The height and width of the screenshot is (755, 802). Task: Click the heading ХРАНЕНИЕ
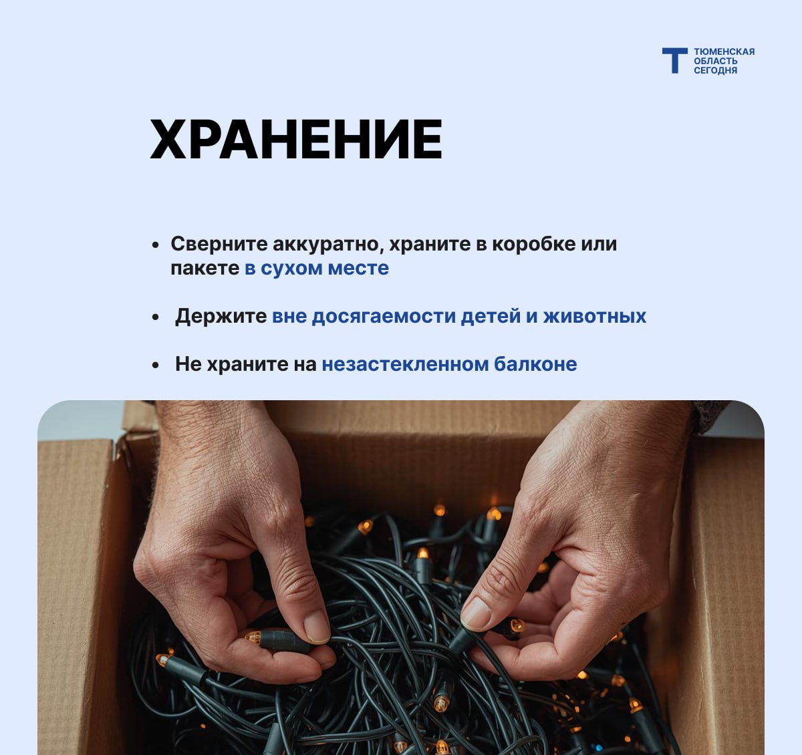pyautogui.click(x=296, y=140)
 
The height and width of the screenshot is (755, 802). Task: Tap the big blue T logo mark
pyautogui.click(x=675, y=61)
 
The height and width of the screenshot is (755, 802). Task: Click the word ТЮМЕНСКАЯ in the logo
pyautogui.click(x=724, y=51)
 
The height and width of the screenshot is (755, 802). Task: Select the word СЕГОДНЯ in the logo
pyautogui.click(x=716, y=70)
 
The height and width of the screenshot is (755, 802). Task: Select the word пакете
pyautogui.click(x=205, y=269)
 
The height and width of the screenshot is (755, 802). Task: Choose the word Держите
pyautogui.click(x=221, y=317)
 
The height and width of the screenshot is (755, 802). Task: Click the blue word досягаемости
pyautogui.click(x=384, y=316)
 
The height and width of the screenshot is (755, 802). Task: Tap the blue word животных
pyautogui.click(x=595, y=317)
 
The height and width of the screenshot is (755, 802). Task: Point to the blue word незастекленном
pyautogui.click(x=406, y=365)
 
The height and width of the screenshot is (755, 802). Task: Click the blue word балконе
pyautogui.click(x=535, y=363)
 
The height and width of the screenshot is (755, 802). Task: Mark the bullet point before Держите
pyautogui.click(x=156, y=317)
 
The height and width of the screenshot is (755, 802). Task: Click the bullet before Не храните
pyautogui.click(x=156, y=365)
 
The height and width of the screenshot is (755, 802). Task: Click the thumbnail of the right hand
pyautogui.click(x=476, y=613)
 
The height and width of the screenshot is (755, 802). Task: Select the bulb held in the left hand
pyautogui.click(x=253, y=637)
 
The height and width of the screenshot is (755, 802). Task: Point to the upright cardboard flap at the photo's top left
pyautogui.click(x=140, y=416)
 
